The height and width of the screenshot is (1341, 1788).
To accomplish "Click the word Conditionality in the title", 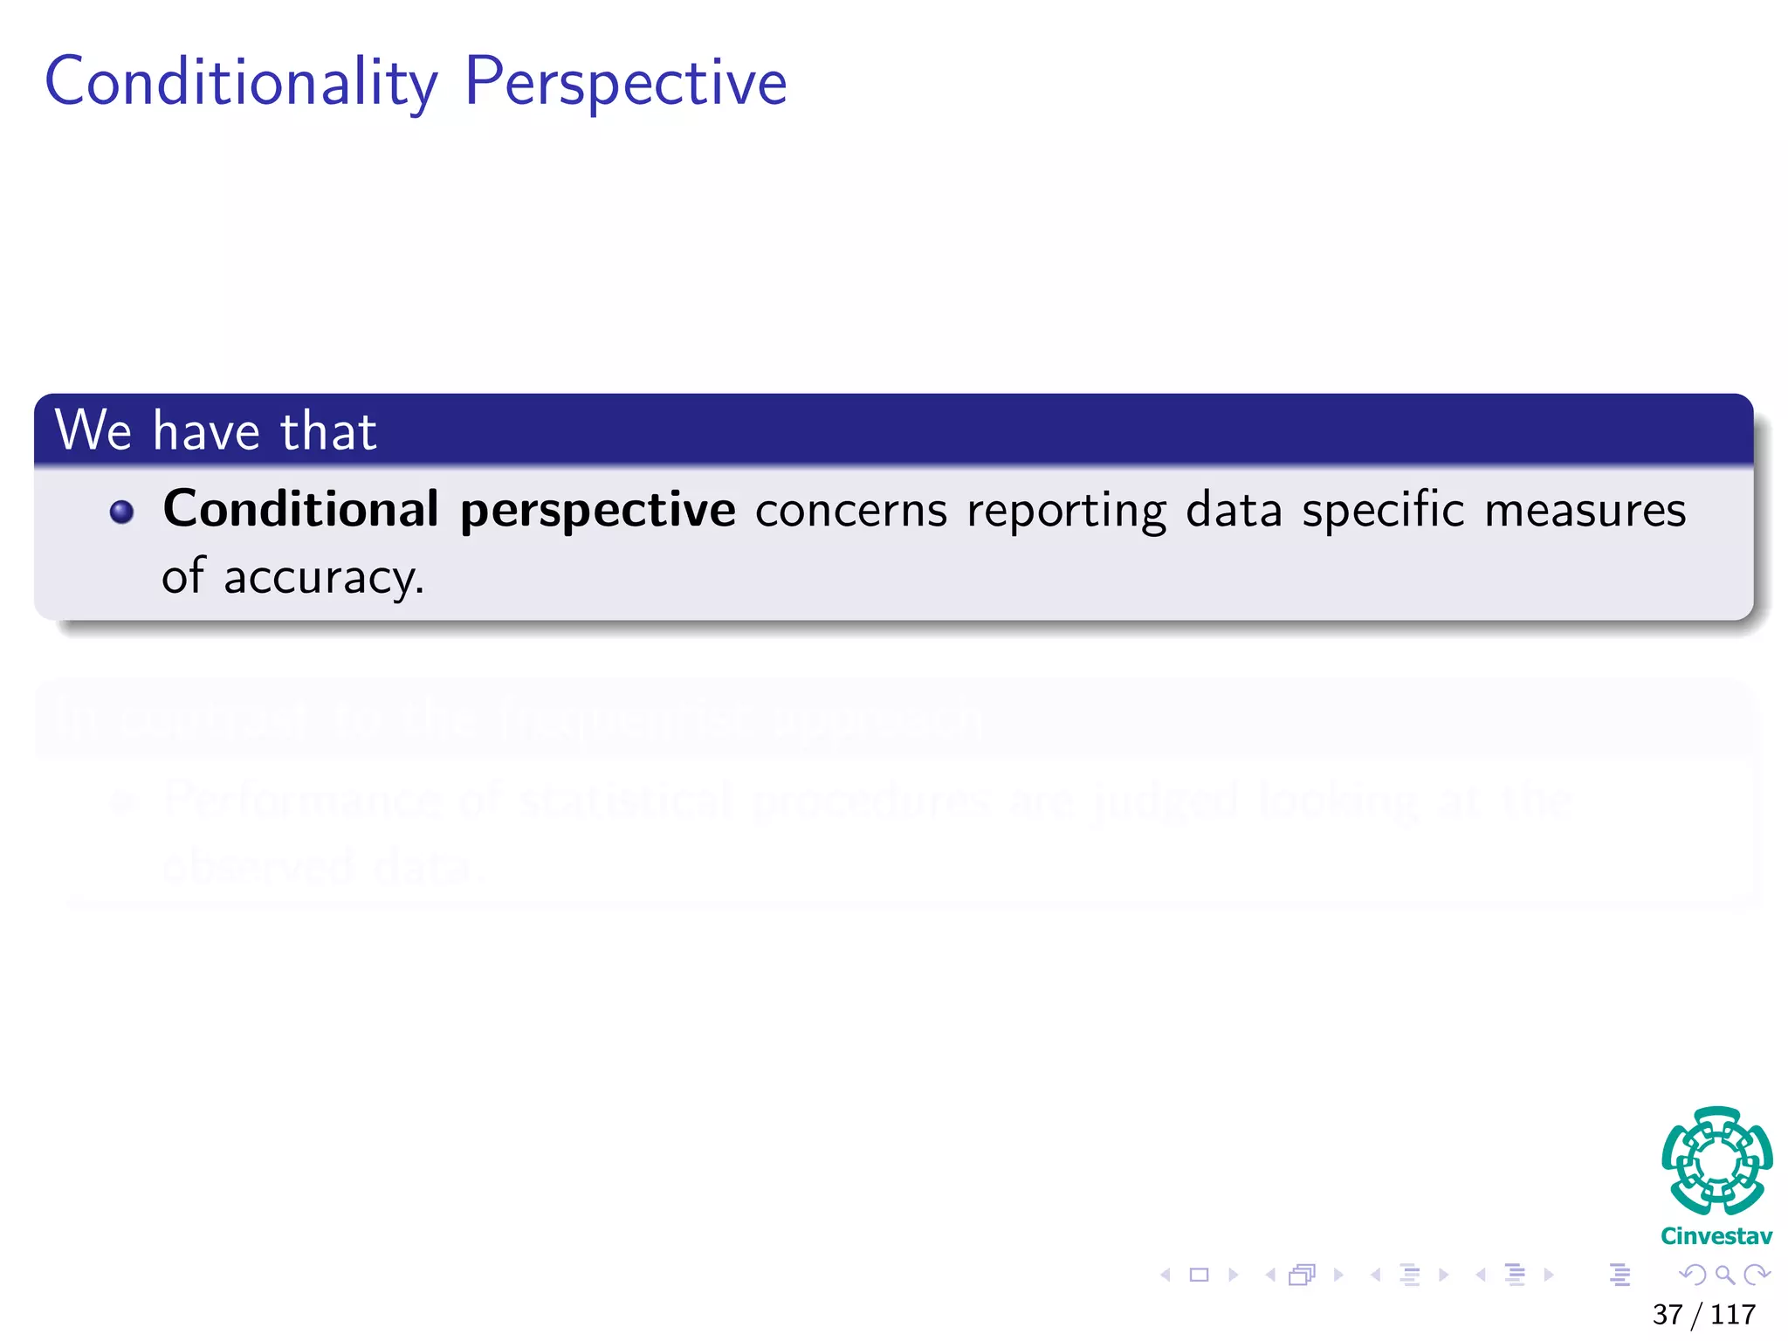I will pos(241,83).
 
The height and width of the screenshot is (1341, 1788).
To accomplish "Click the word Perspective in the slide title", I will pos(625,83).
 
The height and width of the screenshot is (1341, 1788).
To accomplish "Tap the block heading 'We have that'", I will pos(216,430).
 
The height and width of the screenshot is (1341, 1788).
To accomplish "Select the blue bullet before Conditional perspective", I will pos(122,512).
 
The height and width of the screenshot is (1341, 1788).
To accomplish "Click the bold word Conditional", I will pos(300,509).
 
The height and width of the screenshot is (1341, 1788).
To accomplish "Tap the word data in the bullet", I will pos(1234,510).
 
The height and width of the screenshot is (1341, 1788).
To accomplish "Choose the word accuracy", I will pos(324,579).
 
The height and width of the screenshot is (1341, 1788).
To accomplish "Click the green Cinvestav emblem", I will pos(1716,1161).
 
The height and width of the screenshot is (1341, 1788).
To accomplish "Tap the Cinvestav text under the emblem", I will pos(1716,1236).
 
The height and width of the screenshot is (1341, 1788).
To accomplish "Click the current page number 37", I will pos(1667,1314).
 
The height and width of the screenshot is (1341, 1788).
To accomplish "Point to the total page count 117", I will pos(1733,1314).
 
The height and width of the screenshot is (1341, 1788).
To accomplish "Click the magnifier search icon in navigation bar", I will pos(1724,1276).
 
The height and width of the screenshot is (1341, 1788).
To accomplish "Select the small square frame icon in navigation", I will pos(1200,1276).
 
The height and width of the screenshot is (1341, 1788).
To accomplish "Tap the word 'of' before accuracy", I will pos(182,577).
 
